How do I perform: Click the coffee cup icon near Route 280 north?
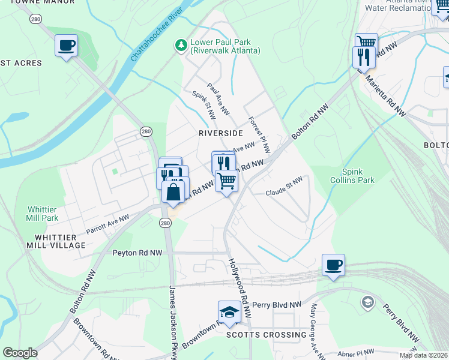click(x=66, y=45)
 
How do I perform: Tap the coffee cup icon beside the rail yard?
click(x=333, y=265)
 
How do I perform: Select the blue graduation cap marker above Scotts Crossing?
click(x=229, y=311)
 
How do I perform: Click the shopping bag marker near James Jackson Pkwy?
click(x=173, y=192)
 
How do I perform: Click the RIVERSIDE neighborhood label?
click(x=220, y=133)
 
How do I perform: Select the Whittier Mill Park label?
click(x=43, y=213)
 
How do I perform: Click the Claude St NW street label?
click(x=284, y=193)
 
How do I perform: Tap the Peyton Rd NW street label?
click(x=137, y=253)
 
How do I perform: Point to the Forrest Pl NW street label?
click(x=259, y=135)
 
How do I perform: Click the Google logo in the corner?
click(x=20, y=353)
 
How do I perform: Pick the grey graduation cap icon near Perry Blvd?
click(x=366, y=302)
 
